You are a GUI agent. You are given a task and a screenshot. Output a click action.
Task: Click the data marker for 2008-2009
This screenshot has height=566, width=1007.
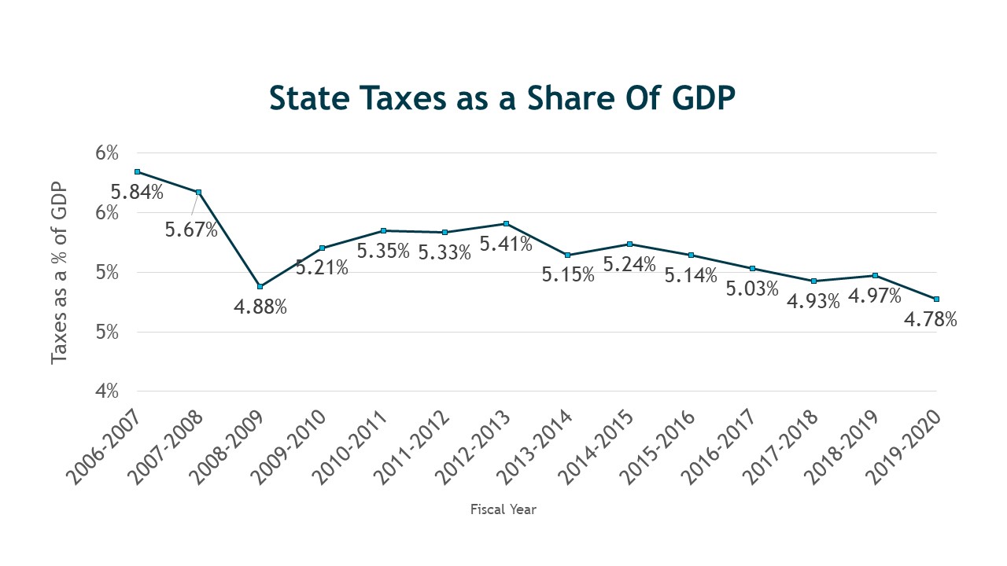260,286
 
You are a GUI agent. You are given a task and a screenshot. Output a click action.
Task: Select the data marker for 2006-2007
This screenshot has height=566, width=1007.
137,171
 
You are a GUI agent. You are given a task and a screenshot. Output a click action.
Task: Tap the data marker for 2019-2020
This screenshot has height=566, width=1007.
937,299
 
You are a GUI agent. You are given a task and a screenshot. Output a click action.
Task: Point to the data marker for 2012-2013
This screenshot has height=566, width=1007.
506,224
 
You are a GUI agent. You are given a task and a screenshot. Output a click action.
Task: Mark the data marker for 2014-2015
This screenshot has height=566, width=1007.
629,244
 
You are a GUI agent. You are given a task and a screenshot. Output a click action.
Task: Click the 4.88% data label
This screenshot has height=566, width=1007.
260,307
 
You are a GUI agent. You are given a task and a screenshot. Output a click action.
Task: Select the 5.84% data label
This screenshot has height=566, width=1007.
137,192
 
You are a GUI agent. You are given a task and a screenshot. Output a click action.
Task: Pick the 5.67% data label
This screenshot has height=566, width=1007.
191,230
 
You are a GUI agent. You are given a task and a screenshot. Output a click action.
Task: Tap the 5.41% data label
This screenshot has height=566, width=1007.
506,244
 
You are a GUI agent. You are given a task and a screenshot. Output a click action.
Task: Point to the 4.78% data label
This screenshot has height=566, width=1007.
931,320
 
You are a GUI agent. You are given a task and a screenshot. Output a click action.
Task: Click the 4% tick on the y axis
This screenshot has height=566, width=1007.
107,391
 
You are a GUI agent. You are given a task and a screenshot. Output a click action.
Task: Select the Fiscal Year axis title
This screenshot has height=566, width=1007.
503,509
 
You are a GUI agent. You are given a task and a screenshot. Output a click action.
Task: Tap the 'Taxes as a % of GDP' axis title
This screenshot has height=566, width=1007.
60,274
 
